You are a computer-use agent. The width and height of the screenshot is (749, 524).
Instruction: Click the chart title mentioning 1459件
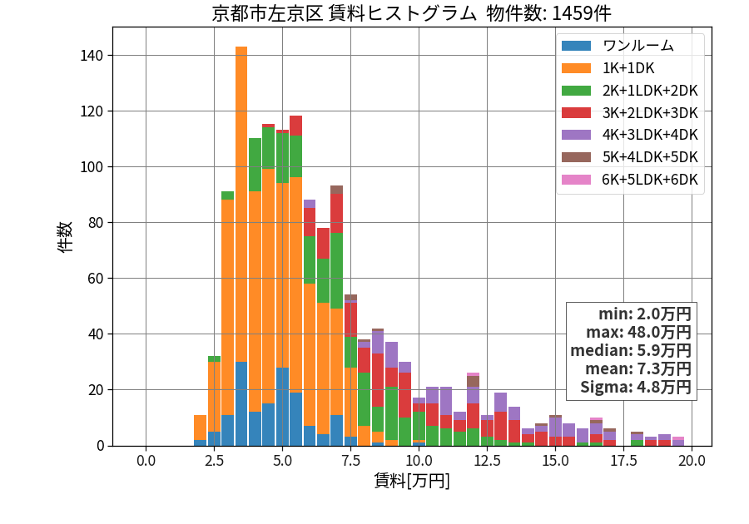(411, 12)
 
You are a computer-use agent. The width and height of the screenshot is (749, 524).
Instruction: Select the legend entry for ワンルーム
(618, 46)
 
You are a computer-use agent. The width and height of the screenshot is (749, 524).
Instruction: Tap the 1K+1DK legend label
(628, 68)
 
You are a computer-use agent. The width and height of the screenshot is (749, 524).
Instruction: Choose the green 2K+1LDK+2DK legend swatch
(576, 90)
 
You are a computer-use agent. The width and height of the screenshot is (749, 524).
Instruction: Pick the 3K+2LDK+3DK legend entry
(630, 112)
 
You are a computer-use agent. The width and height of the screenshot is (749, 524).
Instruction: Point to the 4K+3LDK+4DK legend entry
(630, 135)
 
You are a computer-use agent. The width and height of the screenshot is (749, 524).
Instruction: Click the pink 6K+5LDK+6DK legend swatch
(576, 180)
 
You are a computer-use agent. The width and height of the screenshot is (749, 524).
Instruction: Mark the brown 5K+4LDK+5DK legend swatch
(576, 157)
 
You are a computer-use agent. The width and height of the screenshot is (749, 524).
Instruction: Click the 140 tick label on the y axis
(92, 56)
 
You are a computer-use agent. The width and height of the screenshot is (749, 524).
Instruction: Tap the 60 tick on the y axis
(96, 279)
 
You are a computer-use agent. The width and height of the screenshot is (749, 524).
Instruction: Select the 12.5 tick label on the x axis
(487, 461)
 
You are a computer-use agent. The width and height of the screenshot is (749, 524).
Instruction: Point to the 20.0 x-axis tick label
(692, 461)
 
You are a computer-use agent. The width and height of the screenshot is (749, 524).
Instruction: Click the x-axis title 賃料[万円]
(412, 481)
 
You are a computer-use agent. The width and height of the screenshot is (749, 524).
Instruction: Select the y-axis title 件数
(65, 237)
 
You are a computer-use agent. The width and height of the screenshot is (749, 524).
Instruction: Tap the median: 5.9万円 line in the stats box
(631, 350)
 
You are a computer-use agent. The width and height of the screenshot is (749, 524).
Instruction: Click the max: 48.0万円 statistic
(638, 332)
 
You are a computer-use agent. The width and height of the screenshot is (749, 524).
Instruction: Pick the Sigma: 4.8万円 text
(636, 387)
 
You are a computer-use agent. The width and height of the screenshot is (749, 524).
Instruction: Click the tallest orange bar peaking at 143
(241, 205)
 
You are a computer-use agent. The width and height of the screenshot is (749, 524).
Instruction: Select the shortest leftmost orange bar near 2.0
(200, 428)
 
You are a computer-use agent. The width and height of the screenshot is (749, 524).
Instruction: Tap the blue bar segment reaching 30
(241, 403)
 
